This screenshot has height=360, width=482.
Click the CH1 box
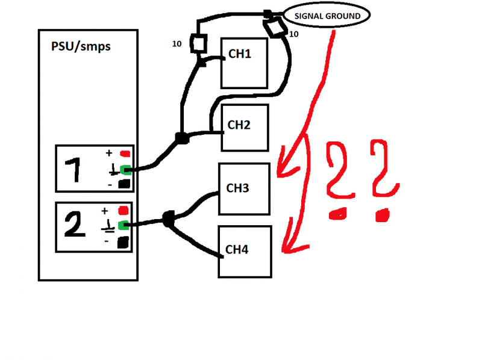[x=245, y=64]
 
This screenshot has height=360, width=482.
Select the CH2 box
[x=245, y=128]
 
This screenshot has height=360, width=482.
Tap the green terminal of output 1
[x=125, y=169]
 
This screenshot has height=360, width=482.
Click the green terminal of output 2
[x=124, y=226]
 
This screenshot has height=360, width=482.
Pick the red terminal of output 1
[x=125, y=154]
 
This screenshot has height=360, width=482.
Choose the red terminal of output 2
[x=124, y=211]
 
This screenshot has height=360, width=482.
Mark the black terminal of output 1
[x=125, y=184]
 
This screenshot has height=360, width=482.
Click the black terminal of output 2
[x=123, y=242]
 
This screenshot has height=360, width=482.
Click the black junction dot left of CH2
[x=180, y=138]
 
